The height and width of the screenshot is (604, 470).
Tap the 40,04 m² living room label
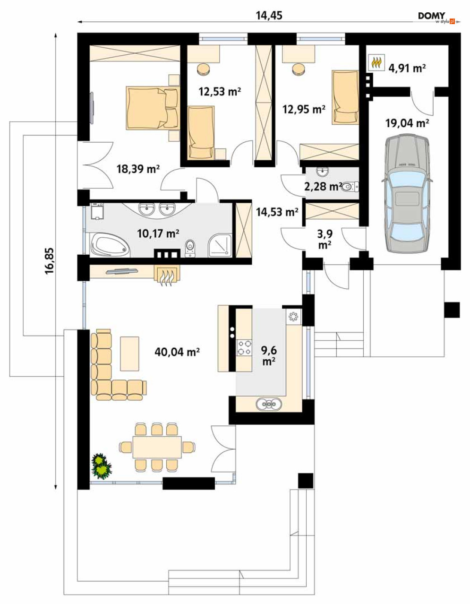point(177,352)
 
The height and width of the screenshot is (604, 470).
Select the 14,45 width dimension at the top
point(269,16)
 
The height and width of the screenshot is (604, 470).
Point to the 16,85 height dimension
point(49,261)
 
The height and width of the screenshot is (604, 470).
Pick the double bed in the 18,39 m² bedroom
point(152,108)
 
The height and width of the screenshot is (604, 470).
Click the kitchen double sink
point(269,403)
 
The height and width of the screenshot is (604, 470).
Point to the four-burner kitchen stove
point(244,347)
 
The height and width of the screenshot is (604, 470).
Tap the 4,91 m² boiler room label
point(407,68)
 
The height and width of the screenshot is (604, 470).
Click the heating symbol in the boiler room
point(376,63)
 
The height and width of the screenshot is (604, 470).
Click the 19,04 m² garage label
point(407,123)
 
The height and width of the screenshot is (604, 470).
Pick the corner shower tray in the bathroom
point(220,245)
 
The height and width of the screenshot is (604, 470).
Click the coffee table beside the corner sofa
point(129,354)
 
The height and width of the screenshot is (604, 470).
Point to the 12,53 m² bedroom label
point(220,91)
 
